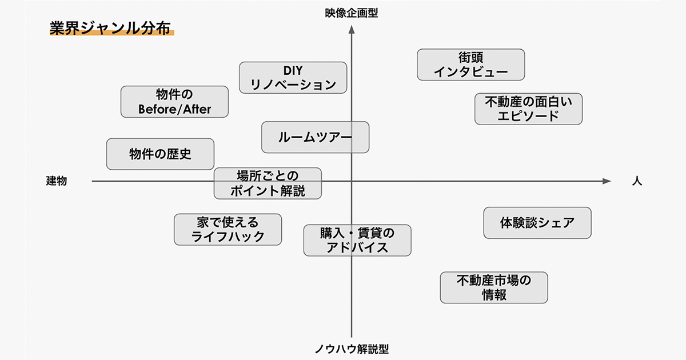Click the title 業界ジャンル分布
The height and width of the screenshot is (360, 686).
pos(110,29)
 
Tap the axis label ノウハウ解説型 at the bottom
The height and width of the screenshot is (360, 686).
pos(351,349)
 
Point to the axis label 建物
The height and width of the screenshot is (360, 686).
pos(57,181)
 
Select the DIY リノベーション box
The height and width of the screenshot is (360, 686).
pos(293,78)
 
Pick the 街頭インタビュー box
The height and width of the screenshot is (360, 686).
pos(470,65)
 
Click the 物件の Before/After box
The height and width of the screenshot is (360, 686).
pos(174,102)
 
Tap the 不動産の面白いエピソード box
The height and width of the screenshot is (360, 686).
pos(528,109)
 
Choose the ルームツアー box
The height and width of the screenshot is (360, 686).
pos(315,137)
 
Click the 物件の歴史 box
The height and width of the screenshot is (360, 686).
pos(160,154)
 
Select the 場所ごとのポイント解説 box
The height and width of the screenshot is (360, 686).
pos(268,183)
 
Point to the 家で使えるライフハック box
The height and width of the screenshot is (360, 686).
pos(228,229)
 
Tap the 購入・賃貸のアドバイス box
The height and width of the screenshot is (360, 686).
pos(357,240)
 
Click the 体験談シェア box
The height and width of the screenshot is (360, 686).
pos(537,223)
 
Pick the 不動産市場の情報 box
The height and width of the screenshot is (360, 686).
pos(493,287)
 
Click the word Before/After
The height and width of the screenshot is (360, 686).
pos(174,109)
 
